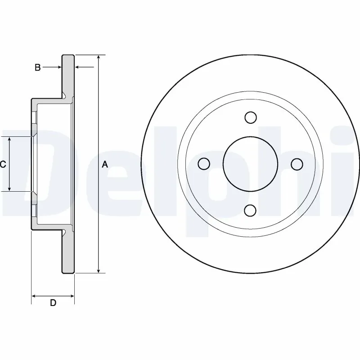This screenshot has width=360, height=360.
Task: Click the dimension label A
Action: pyautogui.click(x=105, y=165)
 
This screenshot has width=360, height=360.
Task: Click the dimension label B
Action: pyautogui.click(x=38, y=67)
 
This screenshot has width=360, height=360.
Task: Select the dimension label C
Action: pyautogui.click(x=3, y=165)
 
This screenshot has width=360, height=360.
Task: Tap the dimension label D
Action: pyautogui.click(x=53, y=303)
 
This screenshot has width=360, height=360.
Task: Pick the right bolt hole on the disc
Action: pyautogui.click(x=297, y=164)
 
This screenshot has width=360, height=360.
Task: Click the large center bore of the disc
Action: pyautogui.click(x=251, y=164)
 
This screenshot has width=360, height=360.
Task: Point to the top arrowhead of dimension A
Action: pyautogui.click(x=99, y=58)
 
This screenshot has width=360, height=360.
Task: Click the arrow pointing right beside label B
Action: pyautogui.click(x=58, y=67)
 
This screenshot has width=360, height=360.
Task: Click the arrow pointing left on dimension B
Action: pyautogui.click(x=77, y=67)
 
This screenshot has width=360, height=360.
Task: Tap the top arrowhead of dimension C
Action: pyautogui.click(x=9, y=139)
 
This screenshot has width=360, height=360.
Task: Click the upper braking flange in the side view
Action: pyautogui.click(x=67, y=74)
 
